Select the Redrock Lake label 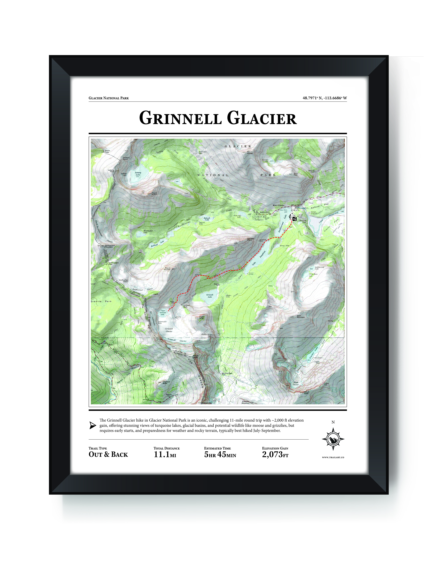tap(207, 219)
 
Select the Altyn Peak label tap(296, 174)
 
